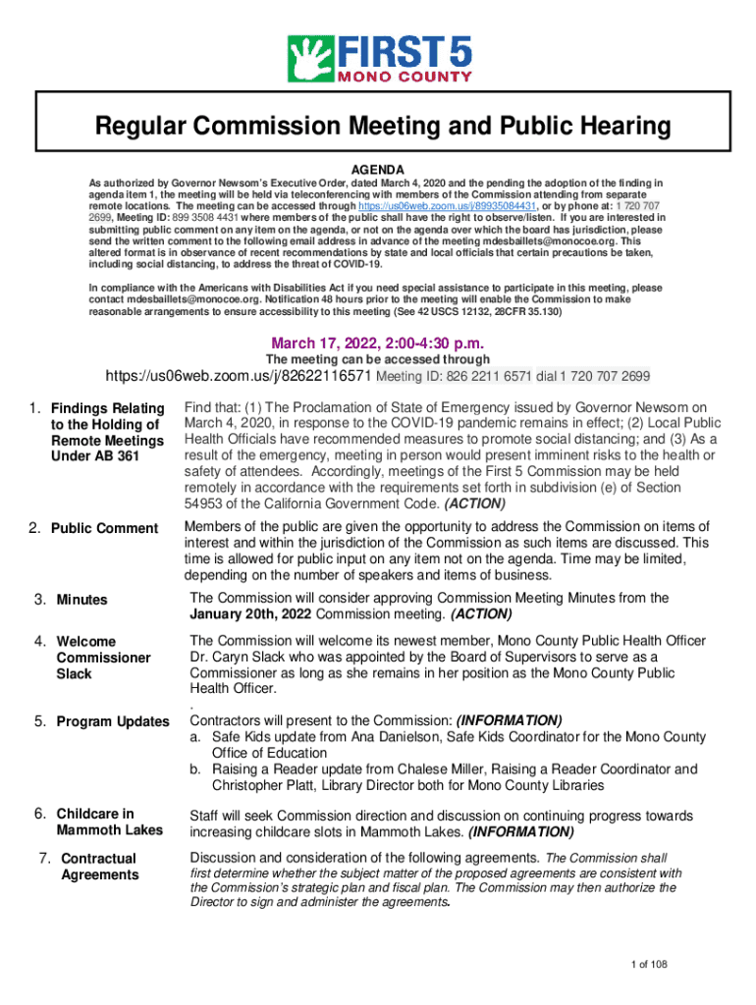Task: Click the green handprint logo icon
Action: coord(309,60)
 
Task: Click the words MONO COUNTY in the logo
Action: coord(405,76)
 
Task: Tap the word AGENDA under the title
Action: coord(377,169)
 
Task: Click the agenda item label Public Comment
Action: coord(104,528)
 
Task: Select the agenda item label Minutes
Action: coord(81,600)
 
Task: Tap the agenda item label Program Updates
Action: coord(113,721)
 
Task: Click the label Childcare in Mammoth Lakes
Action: coord(109,821)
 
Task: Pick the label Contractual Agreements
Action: coord(99,867)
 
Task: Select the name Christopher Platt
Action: coord(271,785)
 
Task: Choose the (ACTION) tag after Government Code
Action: coord(475,503)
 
